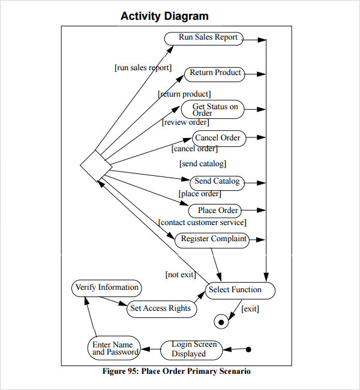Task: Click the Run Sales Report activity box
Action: coord(204,38)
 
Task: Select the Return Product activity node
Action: coord(214,74)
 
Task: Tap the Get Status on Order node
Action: coord(213,109)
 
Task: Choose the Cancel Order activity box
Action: coord(219,138)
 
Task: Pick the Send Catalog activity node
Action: coord(217,183)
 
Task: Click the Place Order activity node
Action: coord(215,211)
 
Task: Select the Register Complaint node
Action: coord(212,240)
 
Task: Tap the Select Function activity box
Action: coord(241,290)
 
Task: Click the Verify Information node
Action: coord(107,288)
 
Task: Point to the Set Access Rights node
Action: coord(162,309)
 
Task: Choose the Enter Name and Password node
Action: coord(114,349)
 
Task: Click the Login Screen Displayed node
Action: coord(191,350)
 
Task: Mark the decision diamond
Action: coord(96,166)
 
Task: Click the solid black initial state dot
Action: coord(248,349)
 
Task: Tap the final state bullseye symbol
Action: coord(221,322)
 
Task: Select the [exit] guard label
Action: coord(250,308)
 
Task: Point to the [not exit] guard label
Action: coord(181,274)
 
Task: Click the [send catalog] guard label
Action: coord(203,163)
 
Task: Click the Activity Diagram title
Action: coord(164,16)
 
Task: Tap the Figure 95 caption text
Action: coord(176,371)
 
